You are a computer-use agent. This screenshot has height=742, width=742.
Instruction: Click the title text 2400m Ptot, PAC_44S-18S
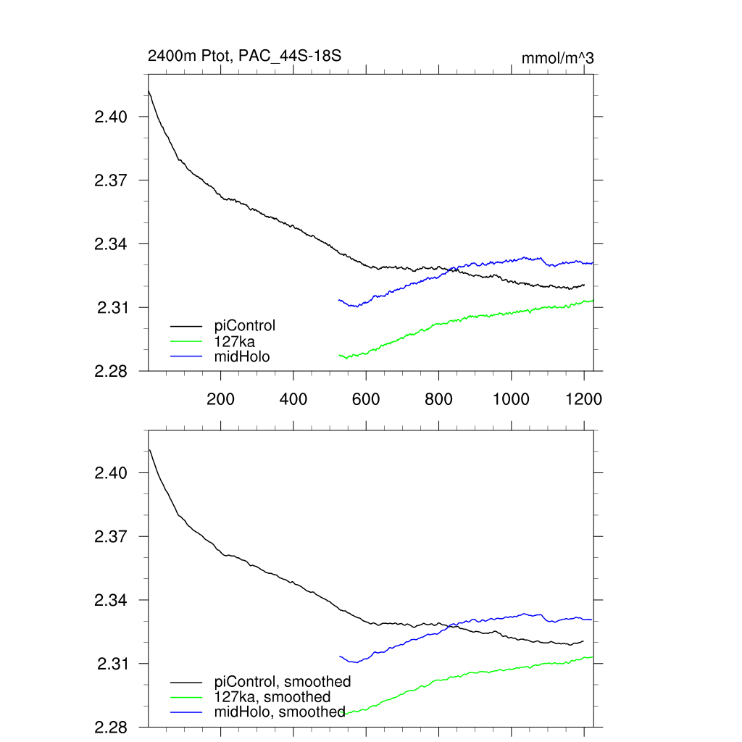[244, 56]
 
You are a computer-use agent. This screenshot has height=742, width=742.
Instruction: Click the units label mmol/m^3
[557, 58]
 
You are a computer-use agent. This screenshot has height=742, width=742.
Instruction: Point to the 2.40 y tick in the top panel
[112, 117]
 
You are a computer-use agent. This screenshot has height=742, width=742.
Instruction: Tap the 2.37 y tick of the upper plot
[112, 180]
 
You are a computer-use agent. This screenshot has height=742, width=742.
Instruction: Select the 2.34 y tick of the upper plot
[112, 244]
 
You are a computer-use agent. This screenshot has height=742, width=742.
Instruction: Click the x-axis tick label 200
[220, 399]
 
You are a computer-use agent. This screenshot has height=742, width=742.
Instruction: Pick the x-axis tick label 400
[293, 399]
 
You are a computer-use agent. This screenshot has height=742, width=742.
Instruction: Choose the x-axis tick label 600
[366, 399]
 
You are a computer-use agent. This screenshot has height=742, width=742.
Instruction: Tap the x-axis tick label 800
[438, 399]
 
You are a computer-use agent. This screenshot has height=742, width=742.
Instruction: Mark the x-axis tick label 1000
[511, 399]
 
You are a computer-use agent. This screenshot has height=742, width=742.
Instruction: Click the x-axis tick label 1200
[584, 399]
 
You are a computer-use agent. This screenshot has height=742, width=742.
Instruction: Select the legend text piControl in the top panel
[245, 325]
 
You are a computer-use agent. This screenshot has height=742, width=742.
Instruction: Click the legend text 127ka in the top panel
[235, 341]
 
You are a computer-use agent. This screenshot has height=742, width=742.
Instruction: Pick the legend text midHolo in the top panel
[242, 356]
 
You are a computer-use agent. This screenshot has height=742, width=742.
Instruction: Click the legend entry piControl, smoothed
[283, 682]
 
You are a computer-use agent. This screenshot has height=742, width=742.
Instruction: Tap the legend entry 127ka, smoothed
[272, 697]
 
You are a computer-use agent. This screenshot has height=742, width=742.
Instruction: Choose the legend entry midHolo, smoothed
[280, 712]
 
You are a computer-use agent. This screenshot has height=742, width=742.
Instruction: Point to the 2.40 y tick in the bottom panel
[112, 473]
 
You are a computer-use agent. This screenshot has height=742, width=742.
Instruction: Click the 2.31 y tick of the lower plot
[112, 664]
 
